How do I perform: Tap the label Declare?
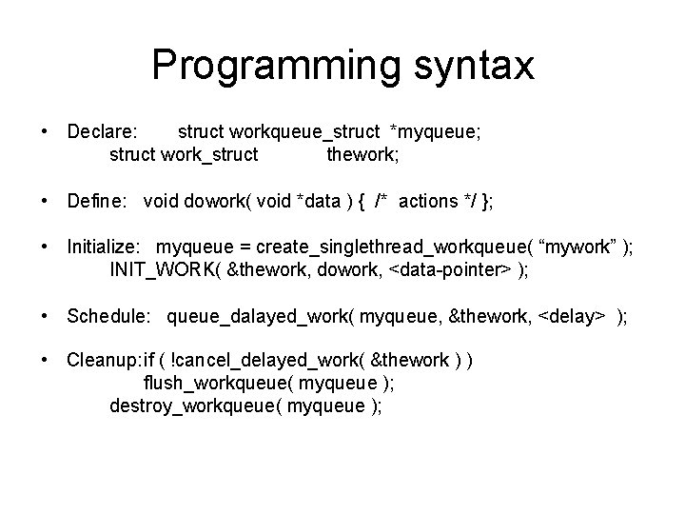[x=103, y=130]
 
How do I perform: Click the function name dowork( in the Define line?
[x=220, y=201]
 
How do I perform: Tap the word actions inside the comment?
[x=428, y=201]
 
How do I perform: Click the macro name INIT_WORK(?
[x=166, y=270]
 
